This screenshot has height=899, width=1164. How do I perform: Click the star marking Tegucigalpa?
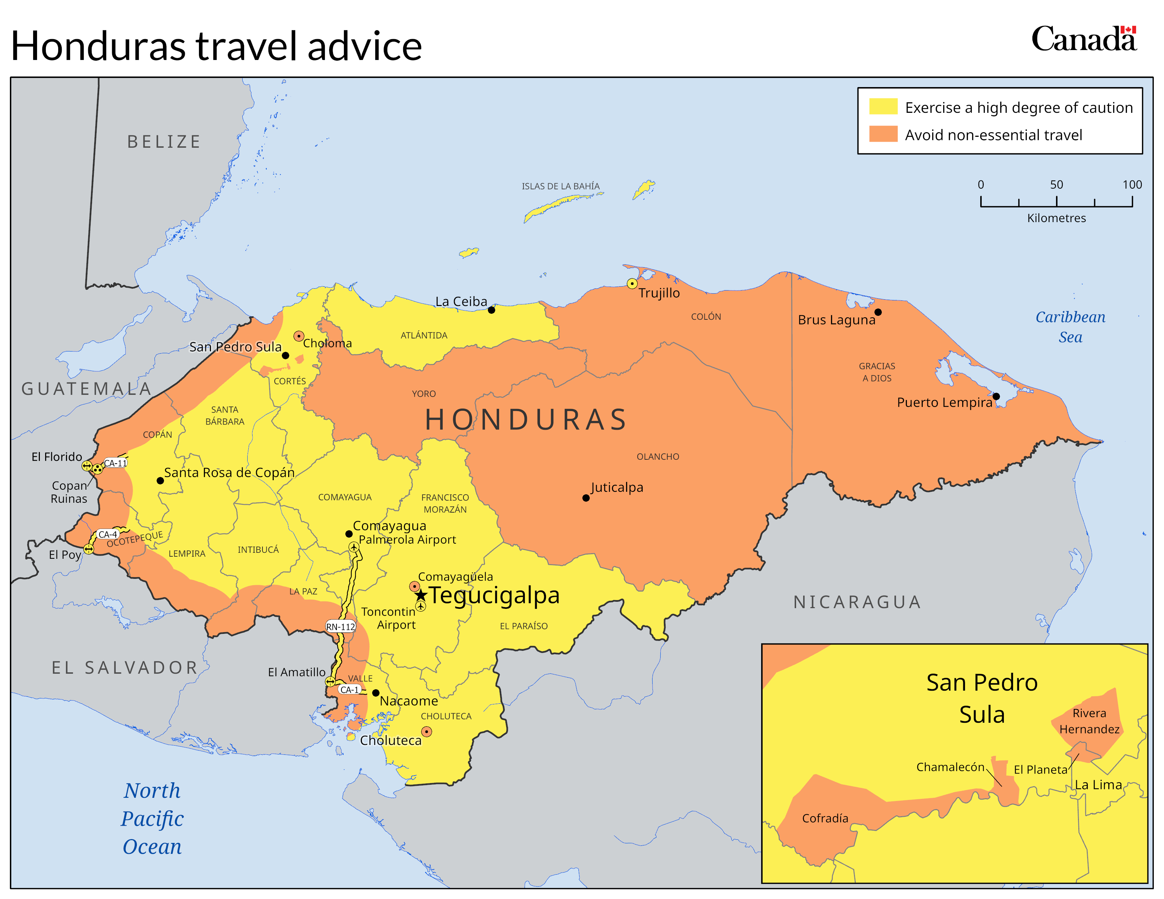tap(420, 595)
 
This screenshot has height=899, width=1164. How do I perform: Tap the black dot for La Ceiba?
tap(491, 310)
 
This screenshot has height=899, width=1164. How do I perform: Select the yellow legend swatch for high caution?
tap(883, 106)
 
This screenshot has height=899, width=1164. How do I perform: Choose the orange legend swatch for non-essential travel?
tap(883, 134)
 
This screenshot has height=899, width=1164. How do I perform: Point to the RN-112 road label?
tap(341, 627)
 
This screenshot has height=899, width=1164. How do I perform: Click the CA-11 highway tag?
tap(115, 463)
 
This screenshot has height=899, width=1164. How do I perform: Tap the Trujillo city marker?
tap(632, 283)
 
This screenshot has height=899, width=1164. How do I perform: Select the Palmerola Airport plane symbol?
tap(354, 547)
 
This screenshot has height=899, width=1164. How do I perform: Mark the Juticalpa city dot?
tap(586, 498)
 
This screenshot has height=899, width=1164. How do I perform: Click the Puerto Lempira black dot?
tap(996, 396)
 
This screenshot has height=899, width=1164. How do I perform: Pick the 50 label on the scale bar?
tap(1056, 185)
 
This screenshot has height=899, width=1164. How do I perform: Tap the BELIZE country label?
tap(164, 142)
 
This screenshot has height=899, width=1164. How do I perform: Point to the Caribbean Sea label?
tap(1070, 326)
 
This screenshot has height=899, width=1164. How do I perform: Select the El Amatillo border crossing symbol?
tap(331, 682)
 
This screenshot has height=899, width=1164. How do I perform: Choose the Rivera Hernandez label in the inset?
tap(1089, 721)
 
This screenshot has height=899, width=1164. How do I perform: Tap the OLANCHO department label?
tap(658, 457)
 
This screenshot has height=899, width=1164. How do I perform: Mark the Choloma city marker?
tap(299, 336)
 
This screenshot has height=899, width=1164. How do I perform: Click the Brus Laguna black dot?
tap(878, 312)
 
